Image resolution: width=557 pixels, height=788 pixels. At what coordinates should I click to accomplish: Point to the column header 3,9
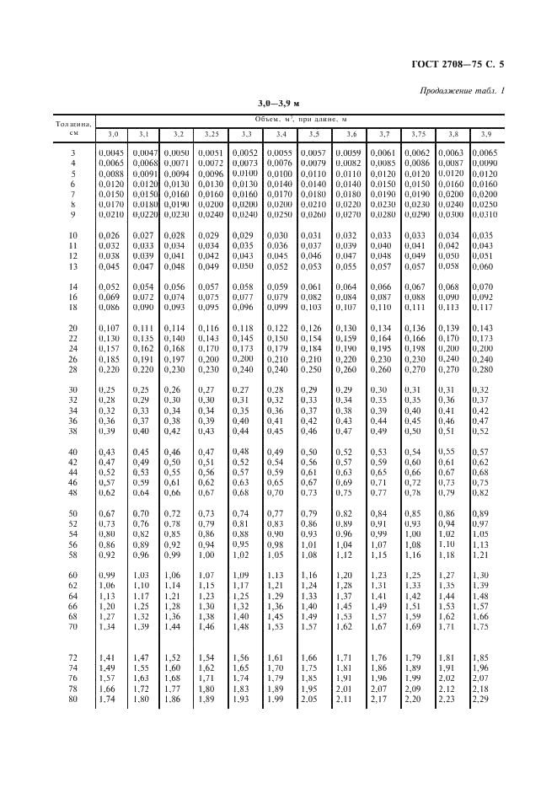tap(485, 135)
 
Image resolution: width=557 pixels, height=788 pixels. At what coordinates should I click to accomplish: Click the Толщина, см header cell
tap(72, 127)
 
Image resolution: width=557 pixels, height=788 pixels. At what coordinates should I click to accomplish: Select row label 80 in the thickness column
tap(72, 700)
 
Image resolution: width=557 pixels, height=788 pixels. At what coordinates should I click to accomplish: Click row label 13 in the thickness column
tap(72, 266)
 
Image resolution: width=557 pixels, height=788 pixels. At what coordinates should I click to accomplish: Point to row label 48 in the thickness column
tap(72, 492)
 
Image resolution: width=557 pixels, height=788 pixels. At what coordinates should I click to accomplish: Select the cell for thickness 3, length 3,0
tap(111, 153)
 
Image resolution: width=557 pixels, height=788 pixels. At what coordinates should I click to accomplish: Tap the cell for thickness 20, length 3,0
tap(111, 328)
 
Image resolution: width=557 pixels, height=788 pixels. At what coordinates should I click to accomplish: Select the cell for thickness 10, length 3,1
tap(144, 236)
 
